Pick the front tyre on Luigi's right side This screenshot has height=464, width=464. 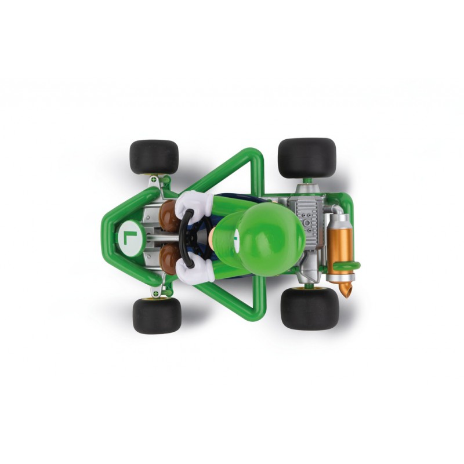tap(154, 157)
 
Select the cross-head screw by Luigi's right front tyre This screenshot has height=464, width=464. tap(153, 180)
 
